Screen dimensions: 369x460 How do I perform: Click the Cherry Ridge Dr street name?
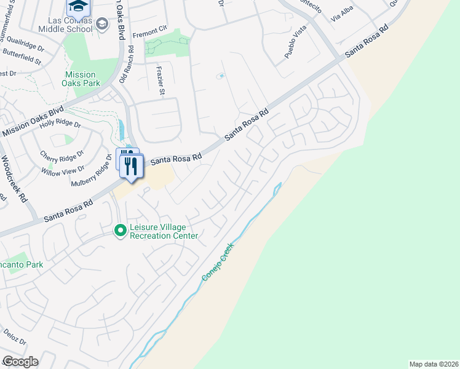(61, 157)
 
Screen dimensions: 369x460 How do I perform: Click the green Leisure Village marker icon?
(121, 231)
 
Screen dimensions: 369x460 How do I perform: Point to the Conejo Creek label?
(220, 260)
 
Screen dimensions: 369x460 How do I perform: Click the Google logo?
(20, 361)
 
